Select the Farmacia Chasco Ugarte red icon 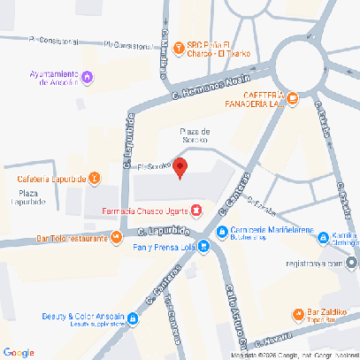[196, 211]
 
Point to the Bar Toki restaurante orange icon [115, 236]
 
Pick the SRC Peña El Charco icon [177, 47]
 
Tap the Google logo [19, 352]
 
